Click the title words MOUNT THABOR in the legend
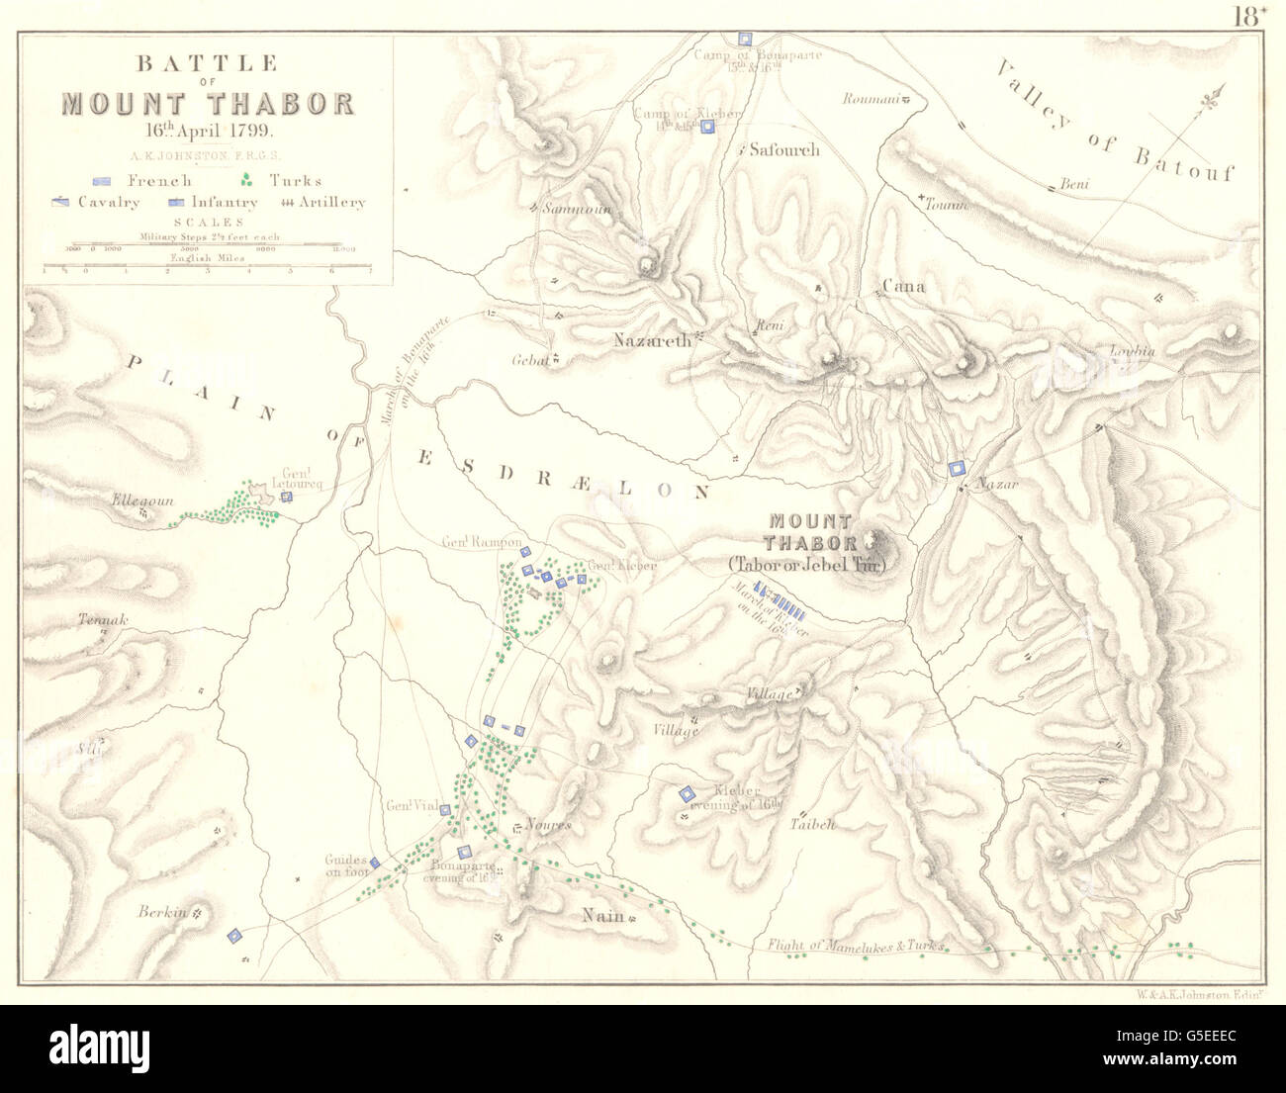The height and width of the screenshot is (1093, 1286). [208, 104]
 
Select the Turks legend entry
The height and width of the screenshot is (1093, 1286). [282, 180]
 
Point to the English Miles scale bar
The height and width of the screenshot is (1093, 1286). [207, 264]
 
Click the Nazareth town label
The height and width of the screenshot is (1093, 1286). [652, 340]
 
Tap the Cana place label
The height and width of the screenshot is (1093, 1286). [902, 287]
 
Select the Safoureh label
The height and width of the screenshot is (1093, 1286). [783, 150]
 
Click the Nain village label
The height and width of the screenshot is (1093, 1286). [602, 916]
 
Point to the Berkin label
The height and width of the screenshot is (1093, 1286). [163, 913]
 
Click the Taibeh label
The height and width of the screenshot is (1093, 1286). [813, 824]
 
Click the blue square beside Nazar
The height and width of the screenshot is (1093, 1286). [957, 469]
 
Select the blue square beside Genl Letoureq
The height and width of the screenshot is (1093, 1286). [286, 497]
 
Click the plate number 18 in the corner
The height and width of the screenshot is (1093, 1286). [1248, 15]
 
